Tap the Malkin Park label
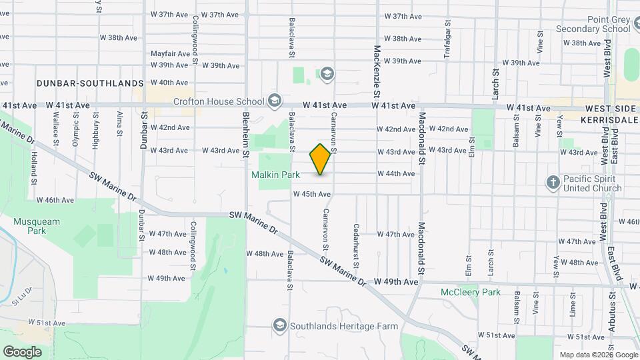pos(276,175)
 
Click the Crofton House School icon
pos(274,101)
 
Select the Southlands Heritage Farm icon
pos(280,325)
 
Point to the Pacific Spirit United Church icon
pos(553,182)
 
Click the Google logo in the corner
pos(22,351)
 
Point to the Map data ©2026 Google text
pos(597,355)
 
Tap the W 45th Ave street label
pos(312,195)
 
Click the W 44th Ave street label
pos(396,173)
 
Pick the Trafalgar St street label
pos(447,28)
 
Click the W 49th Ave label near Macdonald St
pos(396,282)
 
